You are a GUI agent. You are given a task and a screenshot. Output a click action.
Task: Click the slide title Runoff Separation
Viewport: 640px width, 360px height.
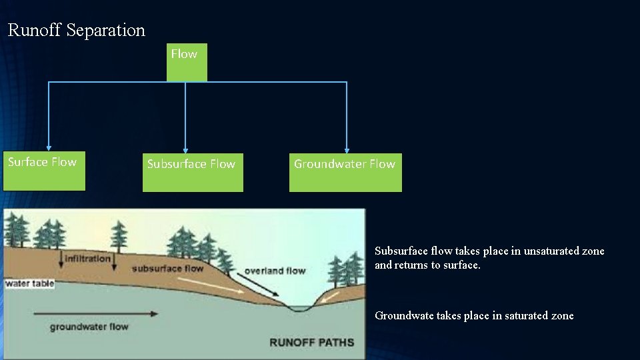[x=76, y=30]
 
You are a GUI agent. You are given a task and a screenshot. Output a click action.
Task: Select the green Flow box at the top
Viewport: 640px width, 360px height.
[x=186, y=62]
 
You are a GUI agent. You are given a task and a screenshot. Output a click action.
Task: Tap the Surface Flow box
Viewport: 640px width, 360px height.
[x=44, y=172]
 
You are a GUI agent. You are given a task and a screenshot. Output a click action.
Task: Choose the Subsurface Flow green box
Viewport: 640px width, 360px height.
[x=193, y=173]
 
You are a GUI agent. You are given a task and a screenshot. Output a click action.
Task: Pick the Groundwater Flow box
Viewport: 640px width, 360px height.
[x=345, y=173]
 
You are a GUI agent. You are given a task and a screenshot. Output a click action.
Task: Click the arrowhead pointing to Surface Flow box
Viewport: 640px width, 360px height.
[x=48, y=148]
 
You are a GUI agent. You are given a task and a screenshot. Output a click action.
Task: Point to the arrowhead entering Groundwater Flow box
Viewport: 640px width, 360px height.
[x=347, y=150]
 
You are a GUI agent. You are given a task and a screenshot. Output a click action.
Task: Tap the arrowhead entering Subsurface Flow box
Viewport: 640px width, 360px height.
[x=185, y=150]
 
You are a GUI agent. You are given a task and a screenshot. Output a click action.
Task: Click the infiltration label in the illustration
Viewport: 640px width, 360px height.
[x=87, y=259]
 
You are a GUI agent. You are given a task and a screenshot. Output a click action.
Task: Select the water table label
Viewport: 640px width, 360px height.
[x=29, y=284]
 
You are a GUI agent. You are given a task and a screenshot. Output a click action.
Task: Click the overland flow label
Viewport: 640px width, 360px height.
[x=275, y=271]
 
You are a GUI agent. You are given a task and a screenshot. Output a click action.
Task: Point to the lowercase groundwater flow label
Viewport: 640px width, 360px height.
[x=89, y=327]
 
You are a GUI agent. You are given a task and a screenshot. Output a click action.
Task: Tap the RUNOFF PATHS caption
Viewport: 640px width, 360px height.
[x=311, y=343]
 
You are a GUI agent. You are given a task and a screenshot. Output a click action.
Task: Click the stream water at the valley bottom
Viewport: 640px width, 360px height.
[x=299, y=308]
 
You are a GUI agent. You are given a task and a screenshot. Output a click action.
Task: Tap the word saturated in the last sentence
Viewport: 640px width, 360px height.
[x=519, y=315]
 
